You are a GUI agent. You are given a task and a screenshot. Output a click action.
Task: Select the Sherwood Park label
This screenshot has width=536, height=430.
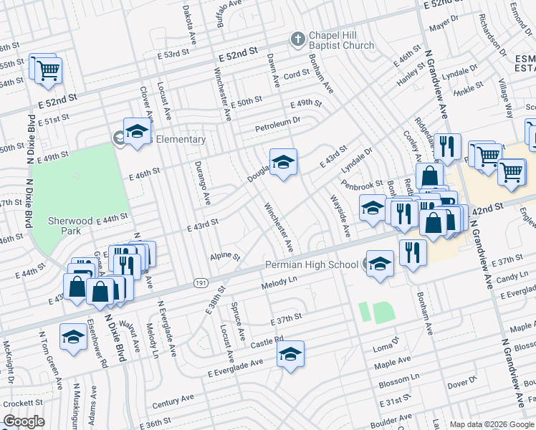pyautogui.click(x=71, y=221)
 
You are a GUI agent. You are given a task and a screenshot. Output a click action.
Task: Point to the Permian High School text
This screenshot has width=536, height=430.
pyautogui.click(x=311, y=265)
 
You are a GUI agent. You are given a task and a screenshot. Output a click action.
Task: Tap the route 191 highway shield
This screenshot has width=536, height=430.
pyautogui.click(x=201, y=285)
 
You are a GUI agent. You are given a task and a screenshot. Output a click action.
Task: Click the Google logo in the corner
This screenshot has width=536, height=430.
pyautogui.click(x=24, y=421)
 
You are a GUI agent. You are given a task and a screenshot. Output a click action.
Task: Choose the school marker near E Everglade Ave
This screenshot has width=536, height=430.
pyautogui.click(x=290, y=353)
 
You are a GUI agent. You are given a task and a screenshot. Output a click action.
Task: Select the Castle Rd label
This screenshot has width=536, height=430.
pyautogui.click(x=269, y=342)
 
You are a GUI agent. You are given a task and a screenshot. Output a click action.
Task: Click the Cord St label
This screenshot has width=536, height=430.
pyautogui.click(x=295, y=75)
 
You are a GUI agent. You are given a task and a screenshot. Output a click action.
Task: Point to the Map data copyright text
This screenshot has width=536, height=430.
pyautogui.click(x=492, y=424)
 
